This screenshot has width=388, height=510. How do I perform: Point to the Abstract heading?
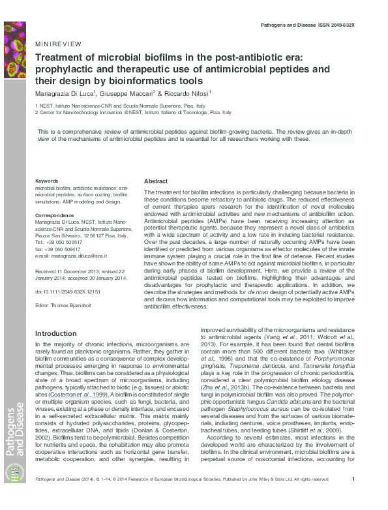155,181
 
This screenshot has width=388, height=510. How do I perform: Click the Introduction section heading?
55,333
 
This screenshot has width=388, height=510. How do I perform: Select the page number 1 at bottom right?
352,497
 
